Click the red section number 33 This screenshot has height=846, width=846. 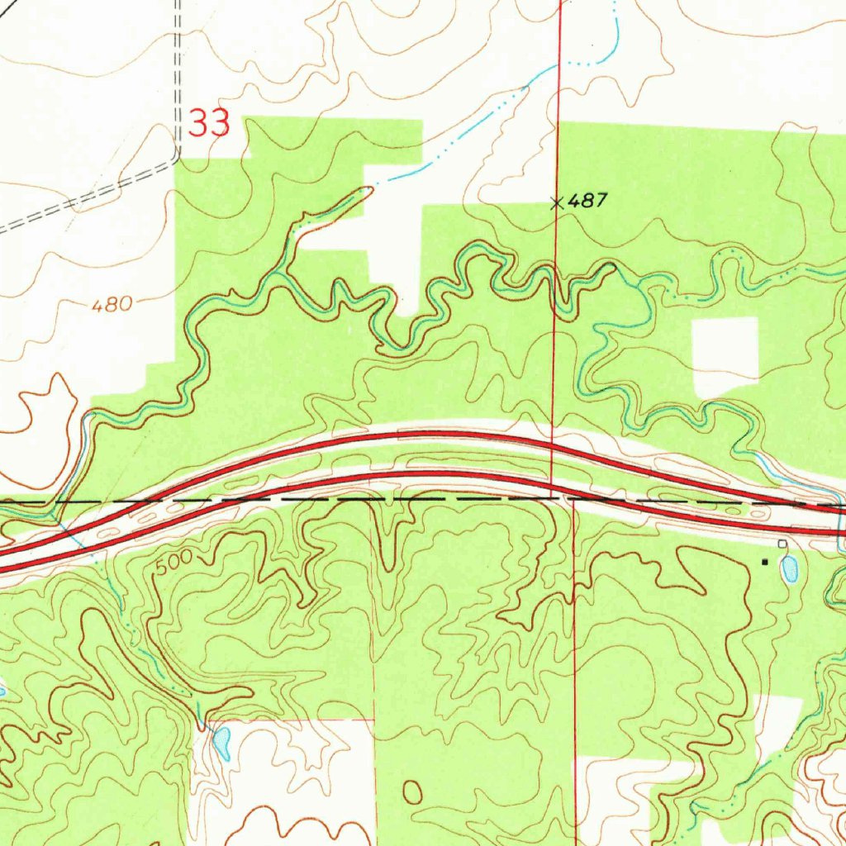pos(209,124)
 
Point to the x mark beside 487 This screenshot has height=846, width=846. pos(558,202)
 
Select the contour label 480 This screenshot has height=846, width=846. pos(112,305)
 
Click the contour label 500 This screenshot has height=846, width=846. pos(173,563)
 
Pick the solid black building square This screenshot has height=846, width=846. pos(764,562)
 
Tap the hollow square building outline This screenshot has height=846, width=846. pos(782,543)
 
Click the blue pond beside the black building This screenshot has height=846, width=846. pos(790,567)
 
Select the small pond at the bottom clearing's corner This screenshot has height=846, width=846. pos(221,743)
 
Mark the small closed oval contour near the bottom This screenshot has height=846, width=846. pos(412,791)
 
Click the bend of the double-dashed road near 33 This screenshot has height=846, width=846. pos(176,155)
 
